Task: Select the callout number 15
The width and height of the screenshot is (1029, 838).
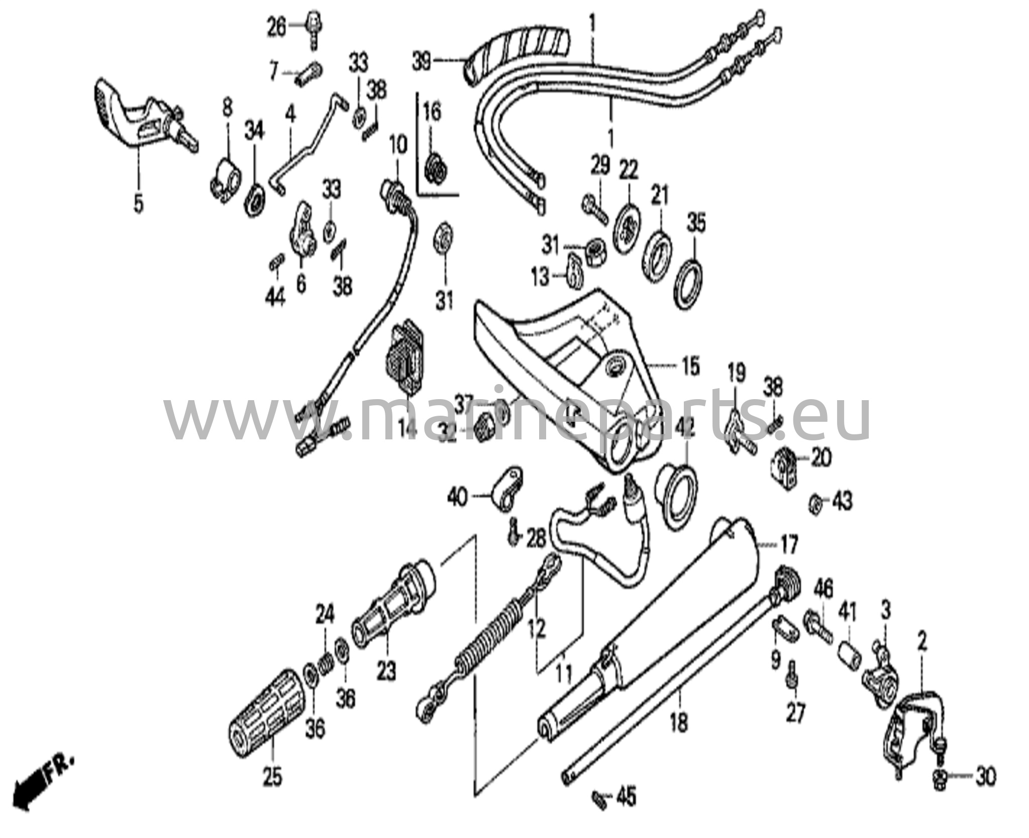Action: coord(691,367)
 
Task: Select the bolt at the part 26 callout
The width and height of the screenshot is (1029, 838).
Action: coord(313,25)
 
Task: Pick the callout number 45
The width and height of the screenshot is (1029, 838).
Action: coord(625,811)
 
